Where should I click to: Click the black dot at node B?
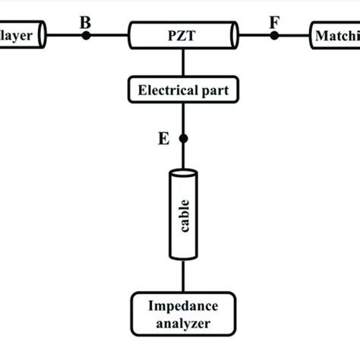86,35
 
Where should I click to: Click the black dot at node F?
274,35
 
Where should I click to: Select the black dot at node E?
182,138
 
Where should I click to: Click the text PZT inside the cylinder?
182,35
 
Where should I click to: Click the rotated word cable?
182,215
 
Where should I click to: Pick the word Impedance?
182,306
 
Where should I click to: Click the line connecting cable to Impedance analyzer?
182,277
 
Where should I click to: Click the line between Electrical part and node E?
182,120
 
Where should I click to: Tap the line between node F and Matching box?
293,35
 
